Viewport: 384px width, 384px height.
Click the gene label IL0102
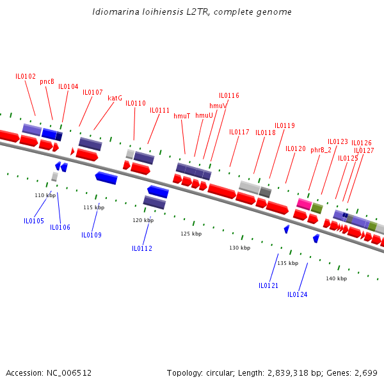pyautogui.click(x=26, y=76)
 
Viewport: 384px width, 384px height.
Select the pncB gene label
pyautogui.click(x=47, y=81)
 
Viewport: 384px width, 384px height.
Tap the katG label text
pyautogui.click(x=115, y=98)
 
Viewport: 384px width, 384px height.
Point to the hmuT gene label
pyautogui.click(x=182, y=116)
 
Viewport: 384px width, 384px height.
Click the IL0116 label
pyautogui.click(x=228, y=95)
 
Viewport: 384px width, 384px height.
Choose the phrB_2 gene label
pyautogui.click(x=321, y=150)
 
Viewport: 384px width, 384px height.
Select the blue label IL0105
pyautogui.click(x=34, y=221)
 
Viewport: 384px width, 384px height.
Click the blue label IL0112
pyautogui.click(x=142, y=248)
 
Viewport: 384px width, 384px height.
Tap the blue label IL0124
pyautogui.click(x=297, y=294)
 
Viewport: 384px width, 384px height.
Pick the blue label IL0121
pyautogui.click(x=268, y=285)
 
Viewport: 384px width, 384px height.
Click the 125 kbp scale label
pyautogui.click(x=191, y=234)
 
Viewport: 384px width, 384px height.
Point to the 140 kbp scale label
pyautogui.click(x=336, y=278)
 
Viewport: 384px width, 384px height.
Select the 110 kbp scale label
pyautogui.click(x=45, y=195)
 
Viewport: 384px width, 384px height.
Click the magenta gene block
pyautogui.click(x=304, y=204)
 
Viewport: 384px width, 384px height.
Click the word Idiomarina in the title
pyautogui.click(x=113, y=12)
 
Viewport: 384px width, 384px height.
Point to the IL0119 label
pyautogui.click(x=284, y=125)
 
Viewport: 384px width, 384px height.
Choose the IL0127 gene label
pyautogui.click(x=364, y=150)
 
